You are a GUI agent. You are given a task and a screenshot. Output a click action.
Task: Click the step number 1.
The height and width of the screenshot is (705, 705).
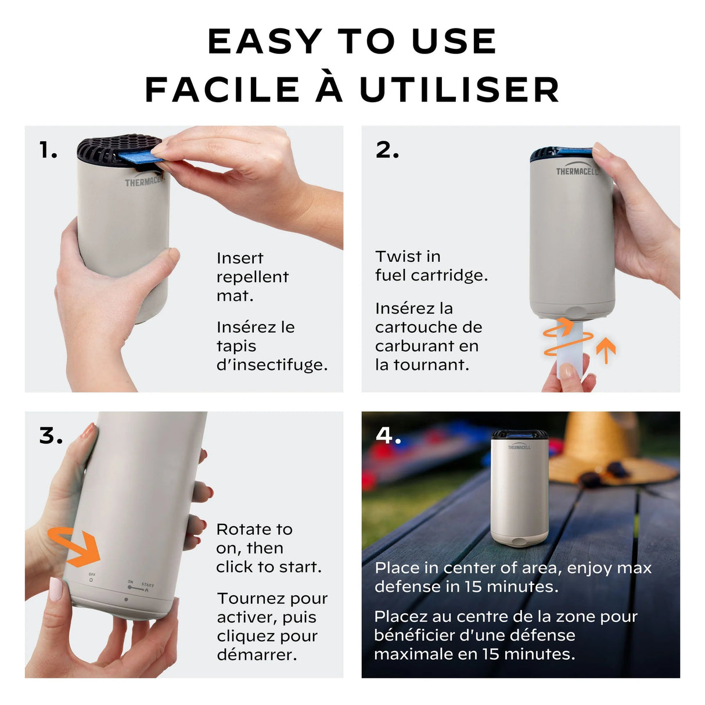pyautogui.click(x=48, y=150)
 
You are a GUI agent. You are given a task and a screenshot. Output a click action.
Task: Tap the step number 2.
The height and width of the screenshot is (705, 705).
pyautogui.click(x=387, y=150)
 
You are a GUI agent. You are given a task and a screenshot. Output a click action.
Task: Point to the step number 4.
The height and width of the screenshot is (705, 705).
pyautogui.click(x=388, y=436)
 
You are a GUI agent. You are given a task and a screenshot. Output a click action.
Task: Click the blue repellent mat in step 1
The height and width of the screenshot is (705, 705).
pyautogui.click(x=141, y=156)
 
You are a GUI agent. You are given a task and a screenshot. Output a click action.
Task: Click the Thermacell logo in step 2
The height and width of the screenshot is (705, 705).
pyautogui.click(x=577, y=171)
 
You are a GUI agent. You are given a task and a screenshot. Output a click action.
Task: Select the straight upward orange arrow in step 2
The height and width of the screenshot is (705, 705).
pyautogui.click(x=606, y=350)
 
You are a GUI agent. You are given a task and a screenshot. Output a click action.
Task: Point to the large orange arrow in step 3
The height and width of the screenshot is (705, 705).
pyautogui.click(x=75, y=546)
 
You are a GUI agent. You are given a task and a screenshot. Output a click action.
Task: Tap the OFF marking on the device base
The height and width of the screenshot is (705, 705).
pyautogui.click(x=91, y=574)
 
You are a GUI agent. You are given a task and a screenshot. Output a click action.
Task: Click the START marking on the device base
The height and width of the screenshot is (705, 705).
pyautogui.click(x=148, y=585)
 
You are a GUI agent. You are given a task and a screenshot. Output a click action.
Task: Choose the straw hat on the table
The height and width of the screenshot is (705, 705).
pyautogui.click(x=613, y=449)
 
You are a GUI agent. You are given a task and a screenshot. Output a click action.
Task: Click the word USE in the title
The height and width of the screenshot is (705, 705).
pyautogui.click(x=454, y=41)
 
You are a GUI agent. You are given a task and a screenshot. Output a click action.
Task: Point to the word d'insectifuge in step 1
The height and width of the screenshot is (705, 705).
pyautogui.click(x=272, y=365)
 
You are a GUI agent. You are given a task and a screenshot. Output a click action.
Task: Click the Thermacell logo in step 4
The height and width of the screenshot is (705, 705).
pyautogui.click(x=519, y=447)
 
